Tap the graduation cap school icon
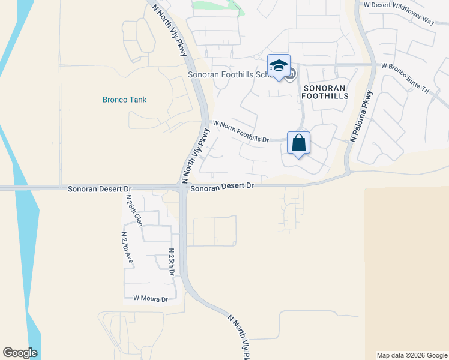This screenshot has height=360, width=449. pos(279,66)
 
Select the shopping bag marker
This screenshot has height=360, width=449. pos(298,144)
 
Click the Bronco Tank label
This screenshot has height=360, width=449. pos(125,100)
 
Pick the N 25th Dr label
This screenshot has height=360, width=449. pos(172,262)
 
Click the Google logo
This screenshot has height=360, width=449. pos(20,352)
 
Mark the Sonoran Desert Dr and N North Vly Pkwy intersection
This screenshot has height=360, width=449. pos(182,188)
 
